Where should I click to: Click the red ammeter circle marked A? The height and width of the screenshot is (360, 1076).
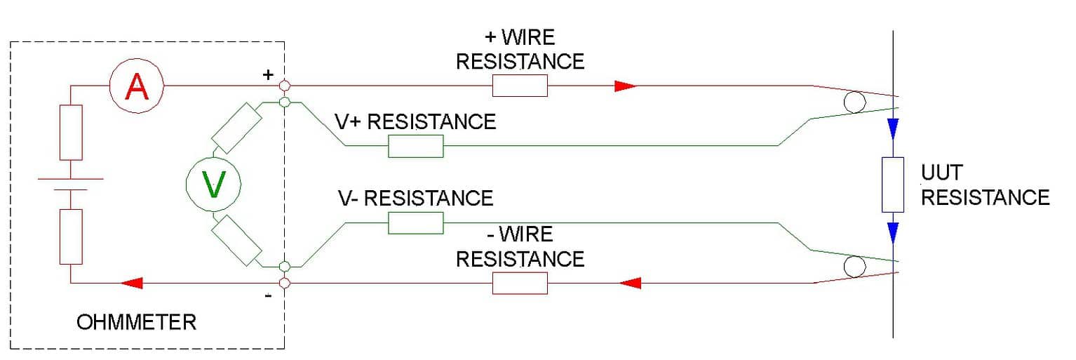(136, 86)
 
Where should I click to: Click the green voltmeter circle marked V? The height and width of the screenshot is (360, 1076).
(213, 185)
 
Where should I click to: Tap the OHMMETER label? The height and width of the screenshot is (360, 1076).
(136, 322)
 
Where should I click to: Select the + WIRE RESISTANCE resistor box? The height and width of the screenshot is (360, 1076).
(520, 86)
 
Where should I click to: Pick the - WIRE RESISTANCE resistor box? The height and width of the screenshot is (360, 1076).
(520, 283)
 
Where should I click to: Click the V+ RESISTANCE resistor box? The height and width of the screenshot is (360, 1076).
(415, 146)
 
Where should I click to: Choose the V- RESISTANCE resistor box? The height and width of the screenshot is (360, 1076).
(415, 223)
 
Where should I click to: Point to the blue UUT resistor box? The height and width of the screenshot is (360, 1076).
(892, 185)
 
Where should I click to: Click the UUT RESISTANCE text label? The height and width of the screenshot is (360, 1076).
(984, 186)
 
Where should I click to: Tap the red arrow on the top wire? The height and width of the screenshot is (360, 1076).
(625, 86)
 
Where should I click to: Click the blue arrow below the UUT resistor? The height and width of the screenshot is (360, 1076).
(892, 232)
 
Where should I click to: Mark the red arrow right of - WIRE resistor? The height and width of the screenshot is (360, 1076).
(631, 283)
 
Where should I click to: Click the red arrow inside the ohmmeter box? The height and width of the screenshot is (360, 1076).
(132, 283)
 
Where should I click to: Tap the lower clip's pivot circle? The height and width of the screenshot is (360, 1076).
(854, 267)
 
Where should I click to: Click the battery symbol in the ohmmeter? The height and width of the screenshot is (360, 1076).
(71, 184)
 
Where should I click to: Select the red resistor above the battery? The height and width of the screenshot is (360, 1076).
(71, 132)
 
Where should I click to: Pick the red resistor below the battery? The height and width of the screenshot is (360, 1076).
(71, 236)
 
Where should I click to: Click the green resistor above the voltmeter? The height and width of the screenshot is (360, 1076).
(237, 128)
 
